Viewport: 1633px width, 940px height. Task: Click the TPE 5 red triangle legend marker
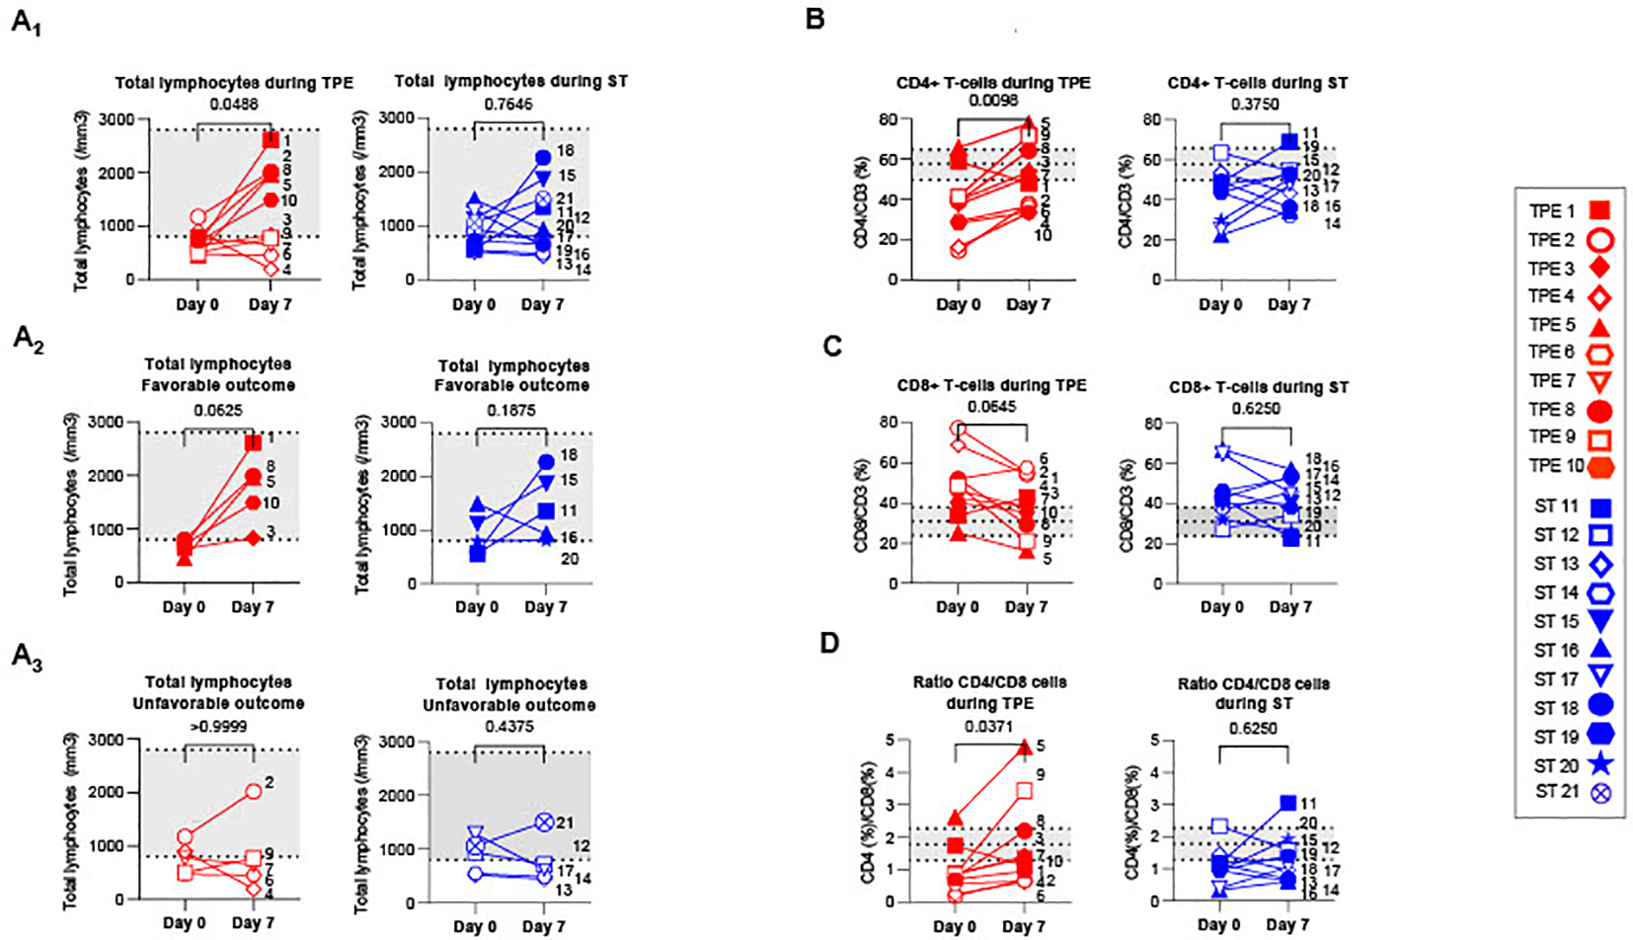click(1599, 327)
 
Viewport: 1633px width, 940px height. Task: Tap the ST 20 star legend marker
click(1600, 764)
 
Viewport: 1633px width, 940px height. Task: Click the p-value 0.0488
click(233, 104)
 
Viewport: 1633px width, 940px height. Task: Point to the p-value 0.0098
click(992, 102)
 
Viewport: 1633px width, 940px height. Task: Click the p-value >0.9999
click(218, 727)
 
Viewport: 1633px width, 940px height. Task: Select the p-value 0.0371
click(989, 726)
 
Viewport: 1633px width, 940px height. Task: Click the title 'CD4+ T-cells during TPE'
click(993, 83)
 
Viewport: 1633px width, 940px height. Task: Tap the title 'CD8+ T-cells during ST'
click(1258, 387)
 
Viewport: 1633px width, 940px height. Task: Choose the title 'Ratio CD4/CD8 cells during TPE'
click(989, 692)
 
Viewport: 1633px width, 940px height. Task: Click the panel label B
click(816, 19)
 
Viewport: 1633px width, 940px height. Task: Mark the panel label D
click(829, 644)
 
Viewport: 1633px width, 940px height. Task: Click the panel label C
click(831, 347)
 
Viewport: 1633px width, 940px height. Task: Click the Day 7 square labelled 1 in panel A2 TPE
click(253, 441)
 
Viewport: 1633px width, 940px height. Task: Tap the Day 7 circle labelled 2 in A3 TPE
click(254, 791)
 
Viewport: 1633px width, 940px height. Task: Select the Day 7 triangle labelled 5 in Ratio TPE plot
click(1024, 747)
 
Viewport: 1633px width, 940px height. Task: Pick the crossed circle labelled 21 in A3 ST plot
click(544, 822)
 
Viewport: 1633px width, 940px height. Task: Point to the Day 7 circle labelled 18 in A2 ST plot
click(546, 462)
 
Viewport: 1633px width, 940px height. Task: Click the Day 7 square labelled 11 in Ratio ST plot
click(1287, 804)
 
